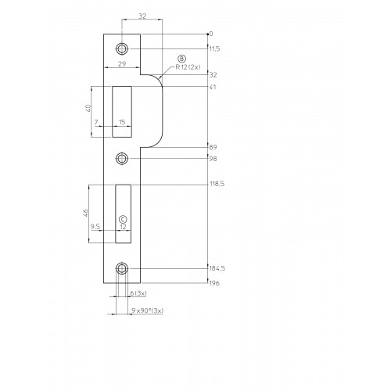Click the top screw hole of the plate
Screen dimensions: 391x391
(x=122, y=48)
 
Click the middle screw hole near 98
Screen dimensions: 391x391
(x=122, y=158)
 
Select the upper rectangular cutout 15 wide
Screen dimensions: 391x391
(x=122, y=112)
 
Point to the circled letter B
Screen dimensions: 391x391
(x=181, y=59)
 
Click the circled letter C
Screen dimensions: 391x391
(x=123, y=219)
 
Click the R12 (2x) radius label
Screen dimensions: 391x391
(x=188, y=67)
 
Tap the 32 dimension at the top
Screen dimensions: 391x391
(x=142, y=16)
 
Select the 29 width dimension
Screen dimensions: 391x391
(x=122, y=64)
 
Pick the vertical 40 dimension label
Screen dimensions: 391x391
(x=88, y=108)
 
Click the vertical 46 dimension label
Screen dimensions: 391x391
(x=85, y=213)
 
